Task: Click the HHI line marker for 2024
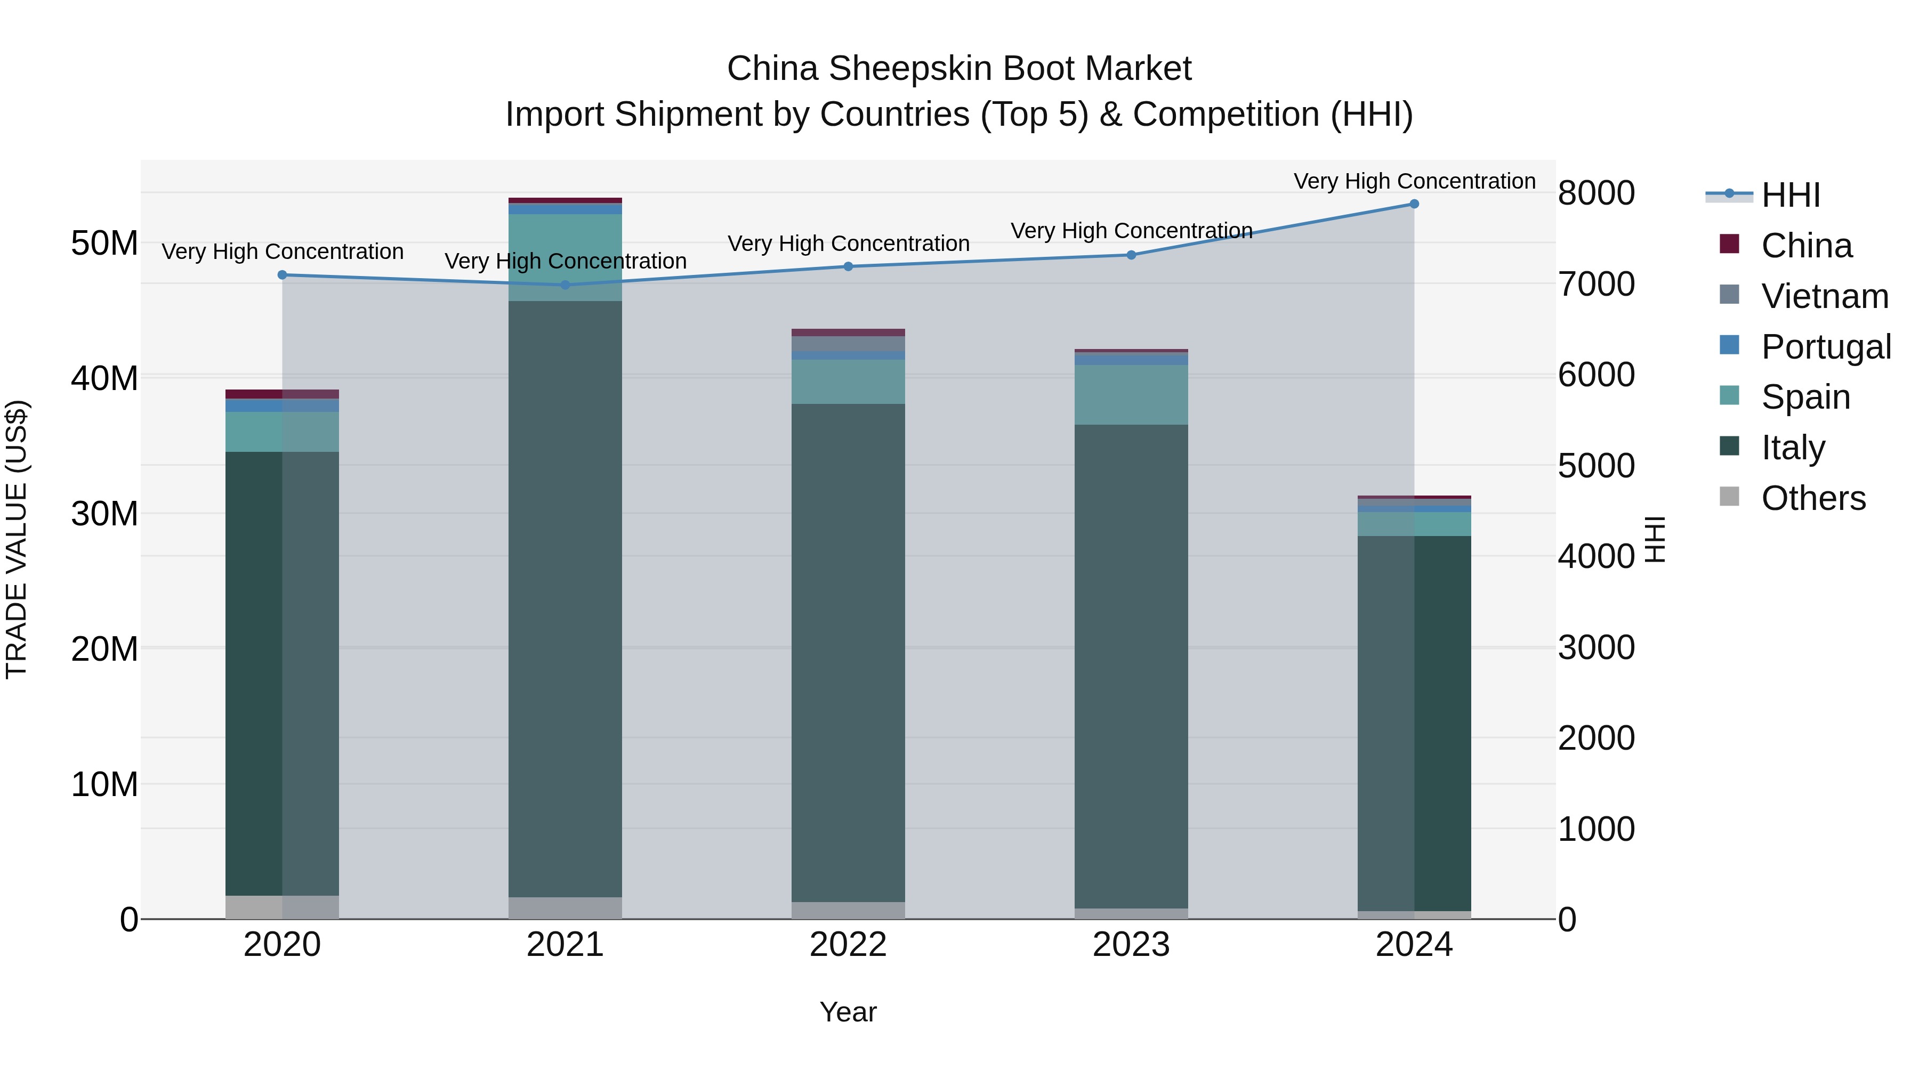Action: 1413,204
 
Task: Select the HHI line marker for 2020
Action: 283,275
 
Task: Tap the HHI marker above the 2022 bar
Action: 848,266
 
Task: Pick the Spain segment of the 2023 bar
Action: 1131,395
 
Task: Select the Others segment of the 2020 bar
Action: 283,906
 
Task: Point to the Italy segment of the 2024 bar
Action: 1413,723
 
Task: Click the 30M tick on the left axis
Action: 104,514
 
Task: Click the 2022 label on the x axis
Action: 848,945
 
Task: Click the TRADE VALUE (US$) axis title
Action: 17,539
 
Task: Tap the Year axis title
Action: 848,1012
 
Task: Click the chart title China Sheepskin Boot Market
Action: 959,69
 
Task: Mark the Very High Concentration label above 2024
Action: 1414,181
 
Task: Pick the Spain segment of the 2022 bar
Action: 848,382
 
